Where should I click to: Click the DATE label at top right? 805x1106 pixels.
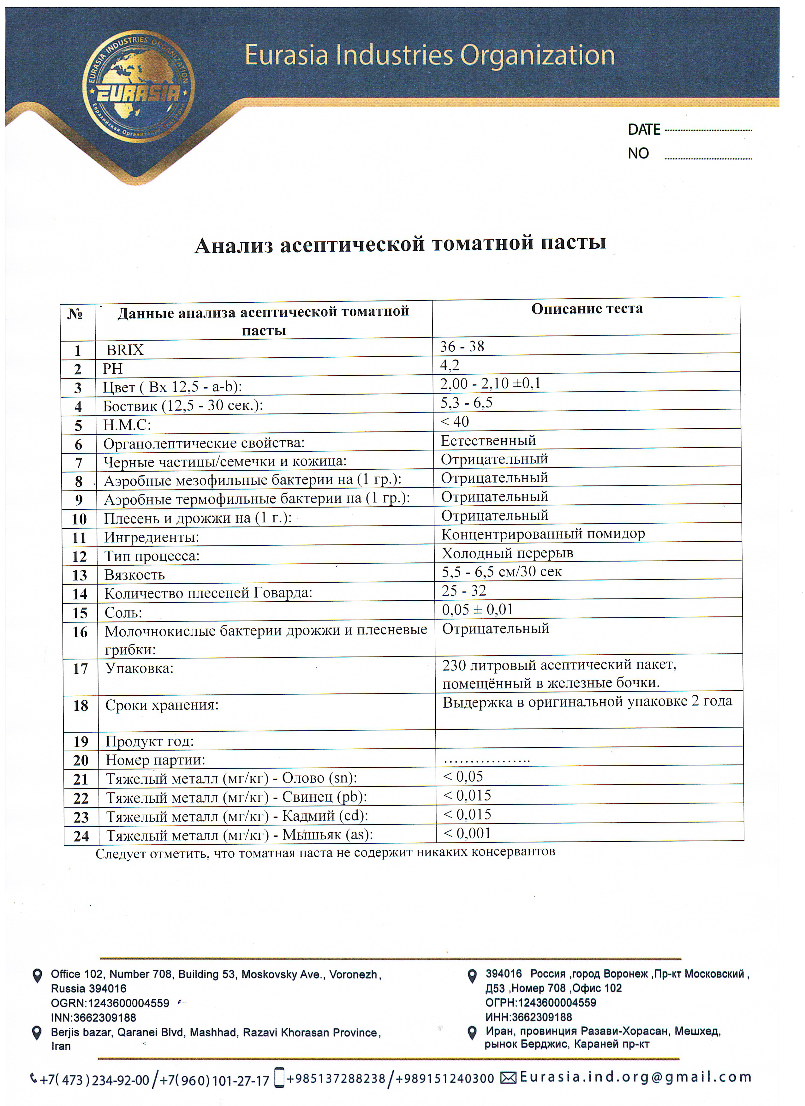pos(644,130)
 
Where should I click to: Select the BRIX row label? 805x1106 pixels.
pos(125,350)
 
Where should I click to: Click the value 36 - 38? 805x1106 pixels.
pos(462,347)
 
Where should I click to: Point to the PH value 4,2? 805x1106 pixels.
pos(450,365)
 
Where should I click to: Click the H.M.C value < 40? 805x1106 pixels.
pos(455,421)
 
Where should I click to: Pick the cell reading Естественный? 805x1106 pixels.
pos(488,440)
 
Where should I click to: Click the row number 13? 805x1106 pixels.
pos(80,575)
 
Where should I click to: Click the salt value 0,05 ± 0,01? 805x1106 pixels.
pos(477,609)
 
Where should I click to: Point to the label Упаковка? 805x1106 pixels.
pos(140,668)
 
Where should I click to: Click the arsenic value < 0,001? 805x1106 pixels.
pos(467,833)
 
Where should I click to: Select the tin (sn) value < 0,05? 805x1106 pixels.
pos(463,776)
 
